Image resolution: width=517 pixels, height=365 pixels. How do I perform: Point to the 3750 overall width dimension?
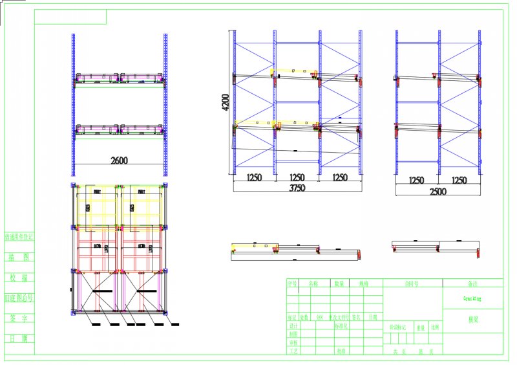tap(296, 188)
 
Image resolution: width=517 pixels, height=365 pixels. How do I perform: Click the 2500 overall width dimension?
tap(438, 192)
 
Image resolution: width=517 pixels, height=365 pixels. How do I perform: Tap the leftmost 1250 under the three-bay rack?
tap(254, 177)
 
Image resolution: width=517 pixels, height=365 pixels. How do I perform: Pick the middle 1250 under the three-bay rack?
tap(297, 177)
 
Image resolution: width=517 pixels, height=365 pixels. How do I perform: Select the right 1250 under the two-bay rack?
tap(459, 180)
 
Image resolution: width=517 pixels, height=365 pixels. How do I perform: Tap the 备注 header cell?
tap(474, 283)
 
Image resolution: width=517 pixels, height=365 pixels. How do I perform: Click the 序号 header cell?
tap(293, 283)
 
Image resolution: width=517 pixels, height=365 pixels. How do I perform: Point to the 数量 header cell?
tap(339, 283)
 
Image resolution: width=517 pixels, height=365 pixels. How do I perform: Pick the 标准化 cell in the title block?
tap(342, 326)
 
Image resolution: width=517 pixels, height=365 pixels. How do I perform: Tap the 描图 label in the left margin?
tap(19, 257)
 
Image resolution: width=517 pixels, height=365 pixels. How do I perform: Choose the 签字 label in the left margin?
tap(19, 318)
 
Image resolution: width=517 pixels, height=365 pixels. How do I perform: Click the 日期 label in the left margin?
tap(19, 338)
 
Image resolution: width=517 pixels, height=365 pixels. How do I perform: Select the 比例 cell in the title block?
tap(435, 327)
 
